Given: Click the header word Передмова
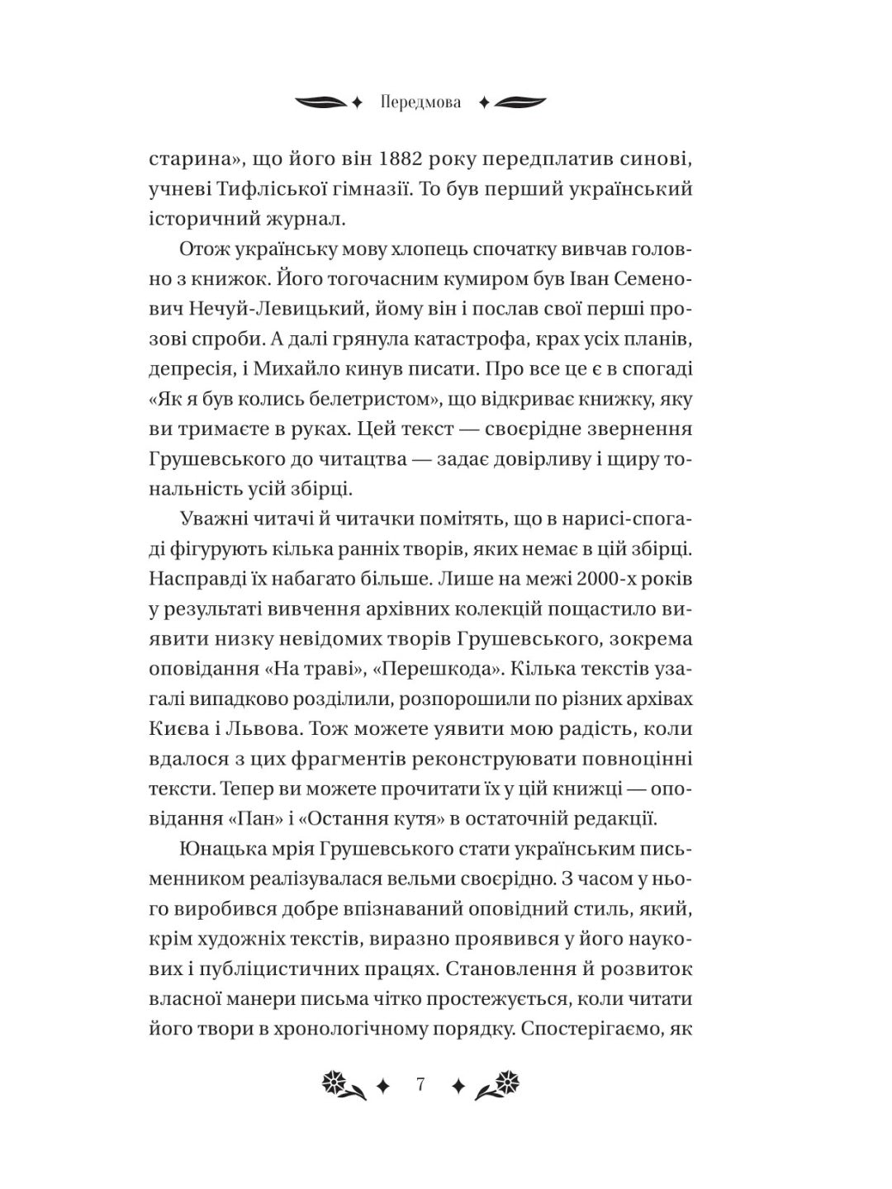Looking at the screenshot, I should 421,103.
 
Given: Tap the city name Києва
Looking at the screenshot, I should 185,729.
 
